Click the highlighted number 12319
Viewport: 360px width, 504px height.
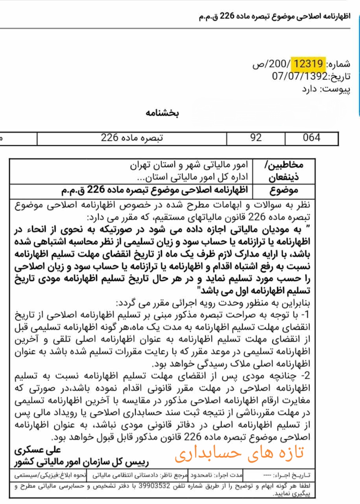tap(309, 63)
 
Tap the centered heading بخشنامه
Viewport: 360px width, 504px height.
tap(162, 114)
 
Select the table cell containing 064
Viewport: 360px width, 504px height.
tap(312, 138)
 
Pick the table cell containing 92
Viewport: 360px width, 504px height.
tap(256, 138)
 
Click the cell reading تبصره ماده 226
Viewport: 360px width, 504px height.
tap(132, 138)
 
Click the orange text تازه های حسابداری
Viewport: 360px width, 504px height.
tap(240, 453)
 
